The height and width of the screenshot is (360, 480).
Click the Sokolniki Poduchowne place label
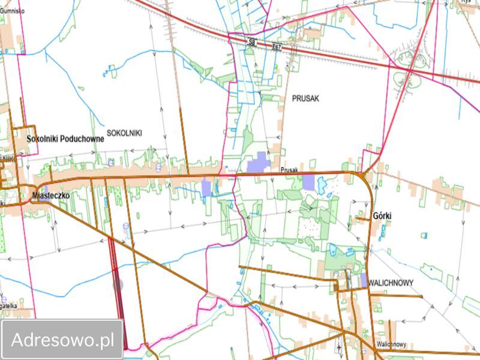[x=66, y=139]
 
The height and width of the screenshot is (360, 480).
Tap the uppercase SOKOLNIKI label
[x=124, y=132]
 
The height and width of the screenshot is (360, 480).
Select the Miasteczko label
[x=53, y=196]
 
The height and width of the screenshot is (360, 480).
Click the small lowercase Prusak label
[x=289, y=170]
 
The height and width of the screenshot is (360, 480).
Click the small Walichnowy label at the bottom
[x=392, y=344]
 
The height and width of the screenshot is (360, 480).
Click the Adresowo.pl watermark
[x=62, y=340]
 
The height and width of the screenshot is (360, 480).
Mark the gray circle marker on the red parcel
[x=118, y=285]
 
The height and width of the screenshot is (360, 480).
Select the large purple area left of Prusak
[x=257, y=163]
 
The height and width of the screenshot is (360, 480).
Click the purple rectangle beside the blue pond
[x=308, y=182]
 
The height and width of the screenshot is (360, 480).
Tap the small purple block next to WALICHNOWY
[x=364, y=280]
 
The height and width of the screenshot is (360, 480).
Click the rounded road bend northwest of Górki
[x=365, y=175]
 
